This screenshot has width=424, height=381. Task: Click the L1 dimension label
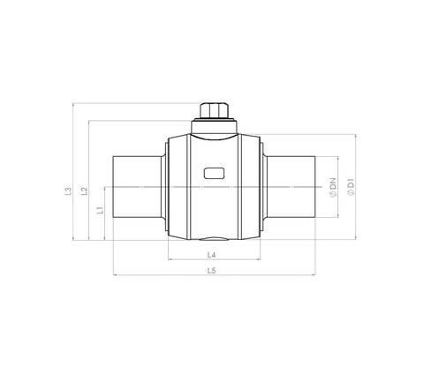click(x=101, y=210)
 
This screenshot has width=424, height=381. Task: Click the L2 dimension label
click(x=85, y=190)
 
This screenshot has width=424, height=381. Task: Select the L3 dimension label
click(x=68, y=190)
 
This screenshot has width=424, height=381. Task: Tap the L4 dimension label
click(x=212, y=255)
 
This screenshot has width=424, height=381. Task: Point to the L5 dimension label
click(x=212, y=271)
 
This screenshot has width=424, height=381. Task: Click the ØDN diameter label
click(x=333, y=188)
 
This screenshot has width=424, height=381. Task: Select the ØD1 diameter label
click(x=351, y=187)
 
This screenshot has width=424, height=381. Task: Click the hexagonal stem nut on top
click(x=214, y=110)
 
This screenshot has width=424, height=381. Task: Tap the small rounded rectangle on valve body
click(x=215, y=173)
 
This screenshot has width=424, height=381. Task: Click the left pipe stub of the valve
click(x=137, y=187)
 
